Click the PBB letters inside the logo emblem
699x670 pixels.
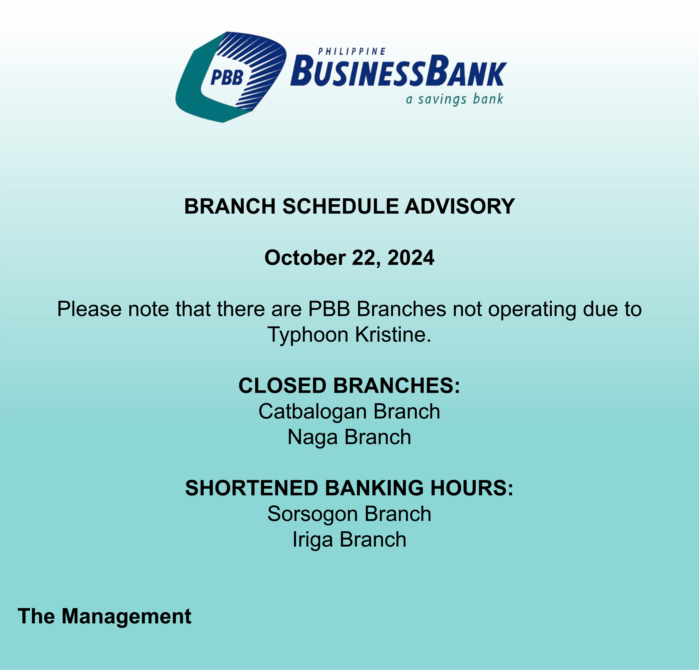pos(227,78)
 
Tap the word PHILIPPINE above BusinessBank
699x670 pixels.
pos(352,52)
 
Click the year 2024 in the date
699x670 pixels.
pos(411,258)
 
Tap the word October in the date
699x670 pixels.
pos(305,258)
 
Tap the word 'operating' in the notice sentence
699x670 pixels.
pos(532,310)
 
